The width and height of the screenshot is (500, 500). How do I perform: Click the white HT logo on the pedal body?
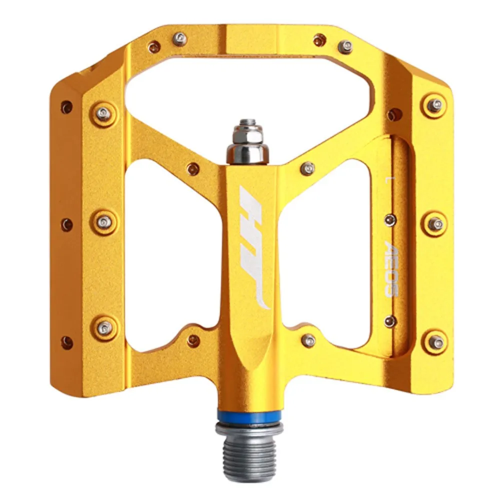pos(254,247)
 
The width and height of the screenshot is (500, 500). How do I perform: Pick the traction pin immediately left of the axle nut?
pos(193,169)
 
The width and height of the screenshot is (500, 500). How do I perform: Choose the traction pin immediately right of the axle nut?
pos(307,168)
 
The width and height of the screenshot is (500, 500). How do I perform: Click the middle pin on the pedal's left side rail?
pos(104,221)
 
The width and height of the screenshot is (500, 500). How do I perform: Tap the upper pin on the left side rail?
pos(103,114)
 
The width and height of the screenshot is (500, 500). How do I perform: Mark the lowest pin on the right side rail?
pos(436,342)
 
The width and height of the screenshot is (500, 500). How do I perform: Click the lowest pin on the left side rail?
pos(104,327)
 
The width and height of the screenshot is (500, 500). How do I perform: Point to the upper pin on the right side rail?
pos(435,105)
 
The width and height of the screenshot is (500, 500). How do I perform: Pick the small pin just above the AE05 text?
pos(390,219)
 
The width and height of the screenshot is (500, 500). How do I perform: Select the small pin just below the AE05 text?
pos(390,321)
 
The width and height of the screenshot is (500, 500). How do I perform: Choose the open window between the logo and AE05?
pos(325,250)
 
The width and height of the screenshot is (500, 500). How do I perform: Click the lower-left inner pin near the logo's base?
pos(193,340)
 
